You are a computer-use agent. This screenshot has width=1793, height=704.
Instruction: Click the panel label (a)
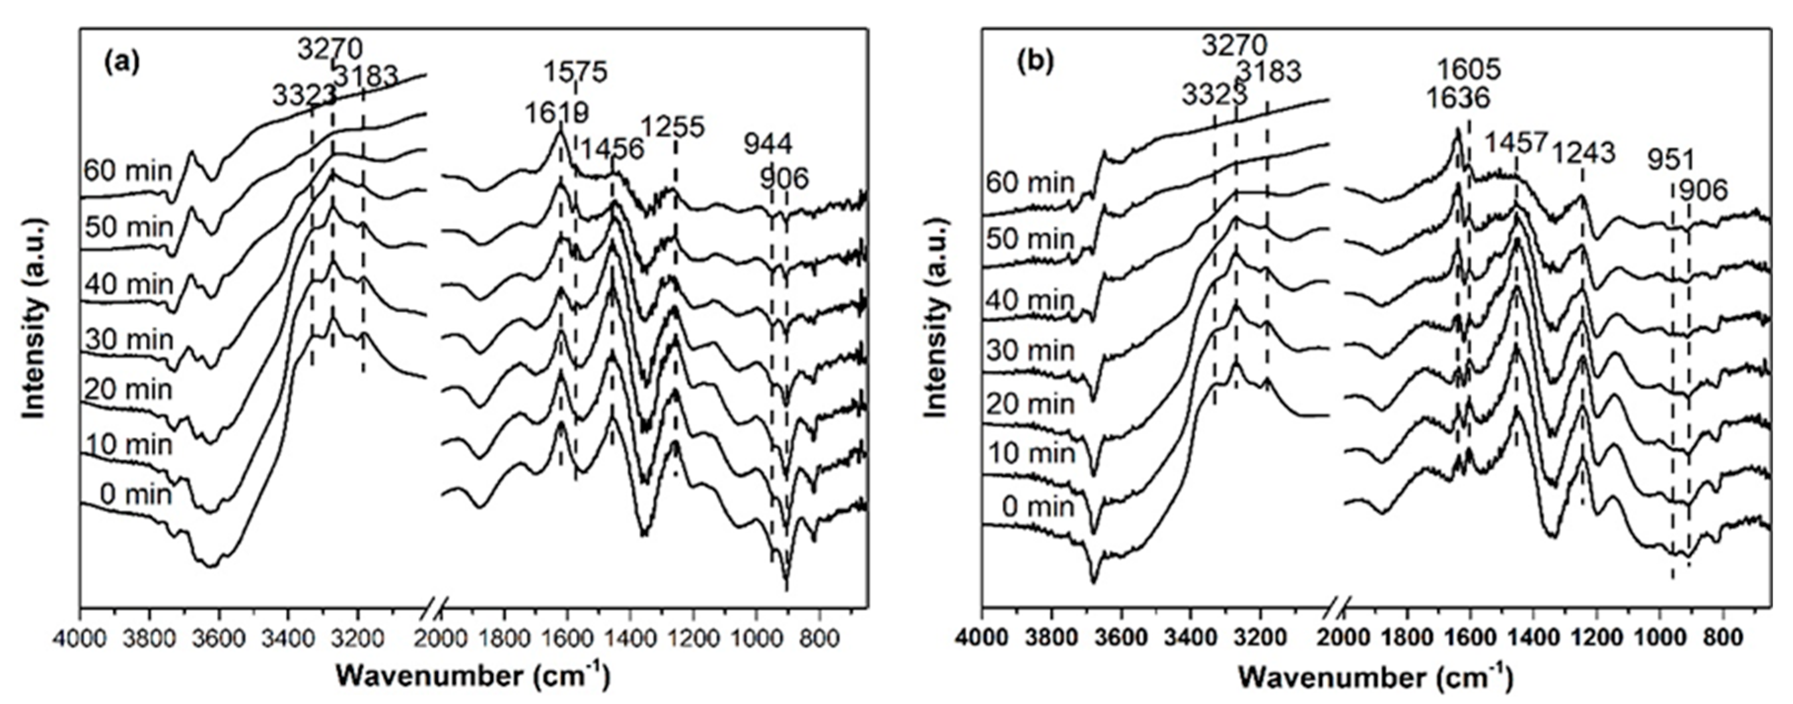[x=121, y=63]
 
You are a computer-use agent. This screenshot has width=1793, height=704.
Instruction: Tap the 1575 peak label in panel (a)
[x=575, y=71]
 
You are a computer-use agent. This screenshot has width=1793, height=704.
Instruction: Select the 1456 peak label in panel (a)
[x=612, y=149]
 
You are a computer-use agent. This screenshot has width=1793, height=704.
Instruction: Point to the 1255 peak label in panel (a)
[x=673, y=127]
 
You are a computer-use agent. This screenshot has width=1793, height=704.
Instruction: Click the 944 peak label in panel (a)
[x=768, y=144]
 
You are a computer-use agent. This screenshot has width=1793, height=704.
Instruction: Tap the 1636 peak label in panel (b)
[x=1458, y=98]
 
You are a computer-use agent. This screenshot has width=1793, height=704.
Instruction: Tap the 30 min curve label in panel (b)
[x=1030, y=350]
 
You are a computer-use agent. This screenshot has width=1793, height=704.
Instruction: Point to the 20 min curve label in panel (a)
[x=128, y=389]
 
